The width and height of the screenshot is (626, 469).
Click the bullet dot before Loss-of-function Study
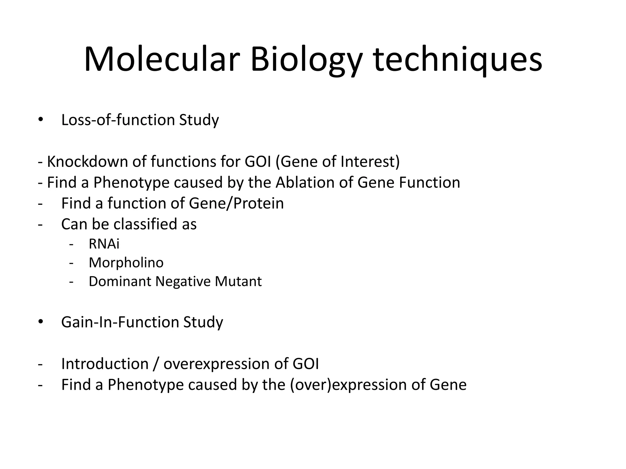click(41, 120)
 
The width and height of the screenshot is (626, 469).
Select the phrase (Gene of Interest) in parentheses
click(337, 162)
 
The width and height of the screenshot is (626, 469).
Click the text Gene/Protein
click(236, 203)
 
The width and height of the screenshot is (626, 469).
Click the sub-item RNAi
click(104, 244)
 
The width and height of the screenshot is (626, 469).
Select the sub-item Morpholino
click(126, 263)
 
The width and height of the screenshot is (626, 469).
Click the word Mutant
click(238, 281)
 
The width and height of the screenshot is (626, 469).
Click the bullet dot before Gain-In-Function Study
click(41, 322)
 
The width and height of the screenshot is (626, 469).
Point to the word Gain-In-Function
click(120, 322)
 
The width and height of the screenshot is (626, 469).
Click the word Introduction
click(105, 364)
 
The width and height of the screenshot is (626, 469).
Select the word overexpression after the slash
click(225, 364)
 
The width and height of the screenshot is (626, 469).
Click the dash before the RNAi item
click(71, 244)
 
